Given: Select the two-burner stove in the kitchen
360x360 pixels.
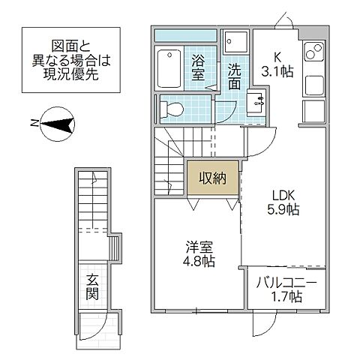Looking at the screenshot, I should point(314,53).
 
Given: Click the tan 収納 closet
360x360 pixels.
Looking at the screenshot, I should point(213,178).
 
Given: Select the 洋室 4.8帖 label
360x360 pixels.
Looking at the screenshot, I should point(198,254).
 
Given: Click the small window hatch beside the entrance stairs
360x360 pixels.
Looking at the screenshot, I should point(115,247).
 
